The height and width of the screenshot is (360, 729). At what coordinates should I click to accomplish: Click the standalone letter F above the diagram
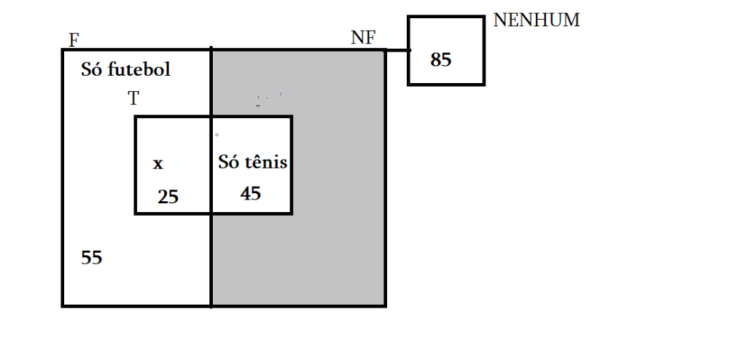click(74, 40)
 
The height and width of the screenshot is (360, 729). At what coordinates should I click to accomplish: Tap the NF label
click(363, 39)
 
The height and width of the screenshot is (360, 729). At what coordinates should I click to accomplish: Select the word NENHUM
click(537, 20)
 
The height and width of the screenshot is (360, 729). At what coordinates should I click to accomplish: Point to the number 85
click(441, 60)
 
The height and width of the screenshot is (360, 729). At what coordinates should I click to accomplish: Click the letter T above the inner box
click(133, 99)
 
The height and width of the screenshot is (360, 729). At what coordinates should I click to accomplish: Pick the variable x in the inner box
click(158, 165)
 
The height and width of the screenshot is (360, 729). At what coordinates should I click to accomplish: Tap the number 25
click(168, 196)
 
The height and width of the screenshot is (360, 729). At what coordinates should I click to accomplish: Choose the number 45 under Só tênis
click(251, 193)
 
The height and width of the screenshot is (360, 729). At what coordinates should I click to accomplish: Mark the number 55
click(92, 257)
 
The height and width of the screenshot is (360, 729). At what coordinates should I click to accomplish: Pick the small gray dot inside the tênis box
click(217, 135)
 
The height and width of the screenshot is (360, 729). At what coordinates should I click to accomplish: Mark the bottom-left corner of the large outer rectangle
click(63, 305)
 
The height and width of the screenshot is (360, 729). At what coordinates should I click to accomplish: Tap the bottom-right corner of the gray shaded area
click(385, 305)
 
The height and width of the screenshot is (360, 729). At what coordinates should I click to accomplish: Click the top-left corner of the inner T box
click(136, 117)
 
